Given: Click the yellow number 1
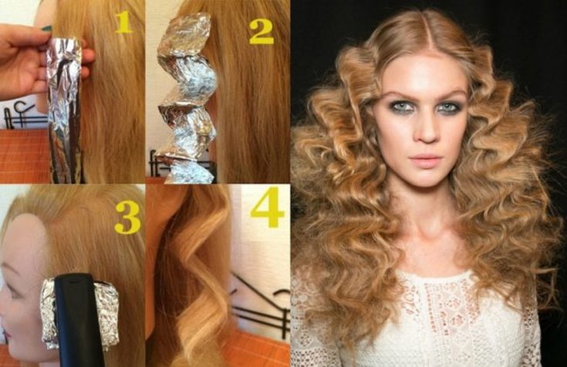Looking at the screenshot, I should click(123, 22).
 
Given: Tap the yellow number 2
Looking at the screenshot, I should click(262, 31).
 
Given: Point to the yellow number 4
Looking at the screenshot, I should click(267, 208).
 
